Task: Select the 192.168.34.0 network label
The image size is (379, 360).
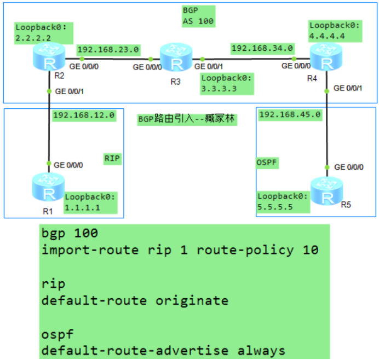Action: pos(262,48)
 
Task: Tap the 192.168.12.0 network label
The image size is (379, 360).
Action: pos(83,115)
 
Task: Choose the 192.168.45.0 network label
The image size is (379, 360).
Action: pos(290,114)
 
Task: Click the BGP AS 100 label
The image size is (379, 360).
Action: pos(198,16)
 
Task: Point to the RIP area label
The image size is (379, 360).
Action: pos(112,159)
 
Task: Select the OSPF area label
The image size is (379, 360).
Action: pos(267,162)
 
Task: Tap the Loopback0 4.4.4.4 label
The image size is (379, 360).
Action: pos(335,30)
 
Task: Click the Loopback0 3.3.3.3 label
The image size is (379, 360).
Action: pos(226,83)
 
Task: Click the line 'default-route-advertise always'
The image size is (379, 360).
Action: pos(163,350)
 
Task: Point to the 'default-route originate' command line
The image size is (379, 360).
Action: pos(135,300)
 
